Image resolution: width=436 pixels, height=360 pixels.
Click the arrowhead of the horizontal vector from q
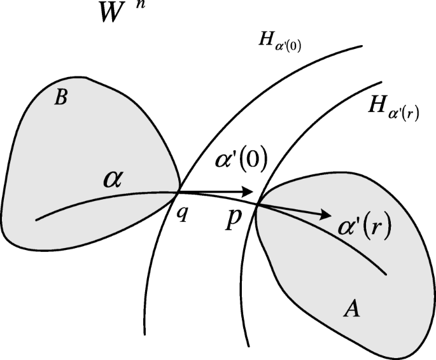point(250,191)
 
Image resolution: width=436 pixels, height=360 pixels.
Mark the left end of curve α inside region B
point(36,221)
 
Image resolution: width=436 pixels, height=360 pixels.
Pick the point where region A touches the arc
point(257,203)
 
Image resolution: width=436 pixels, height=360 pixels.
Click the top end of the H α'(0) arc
point(362,46)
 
